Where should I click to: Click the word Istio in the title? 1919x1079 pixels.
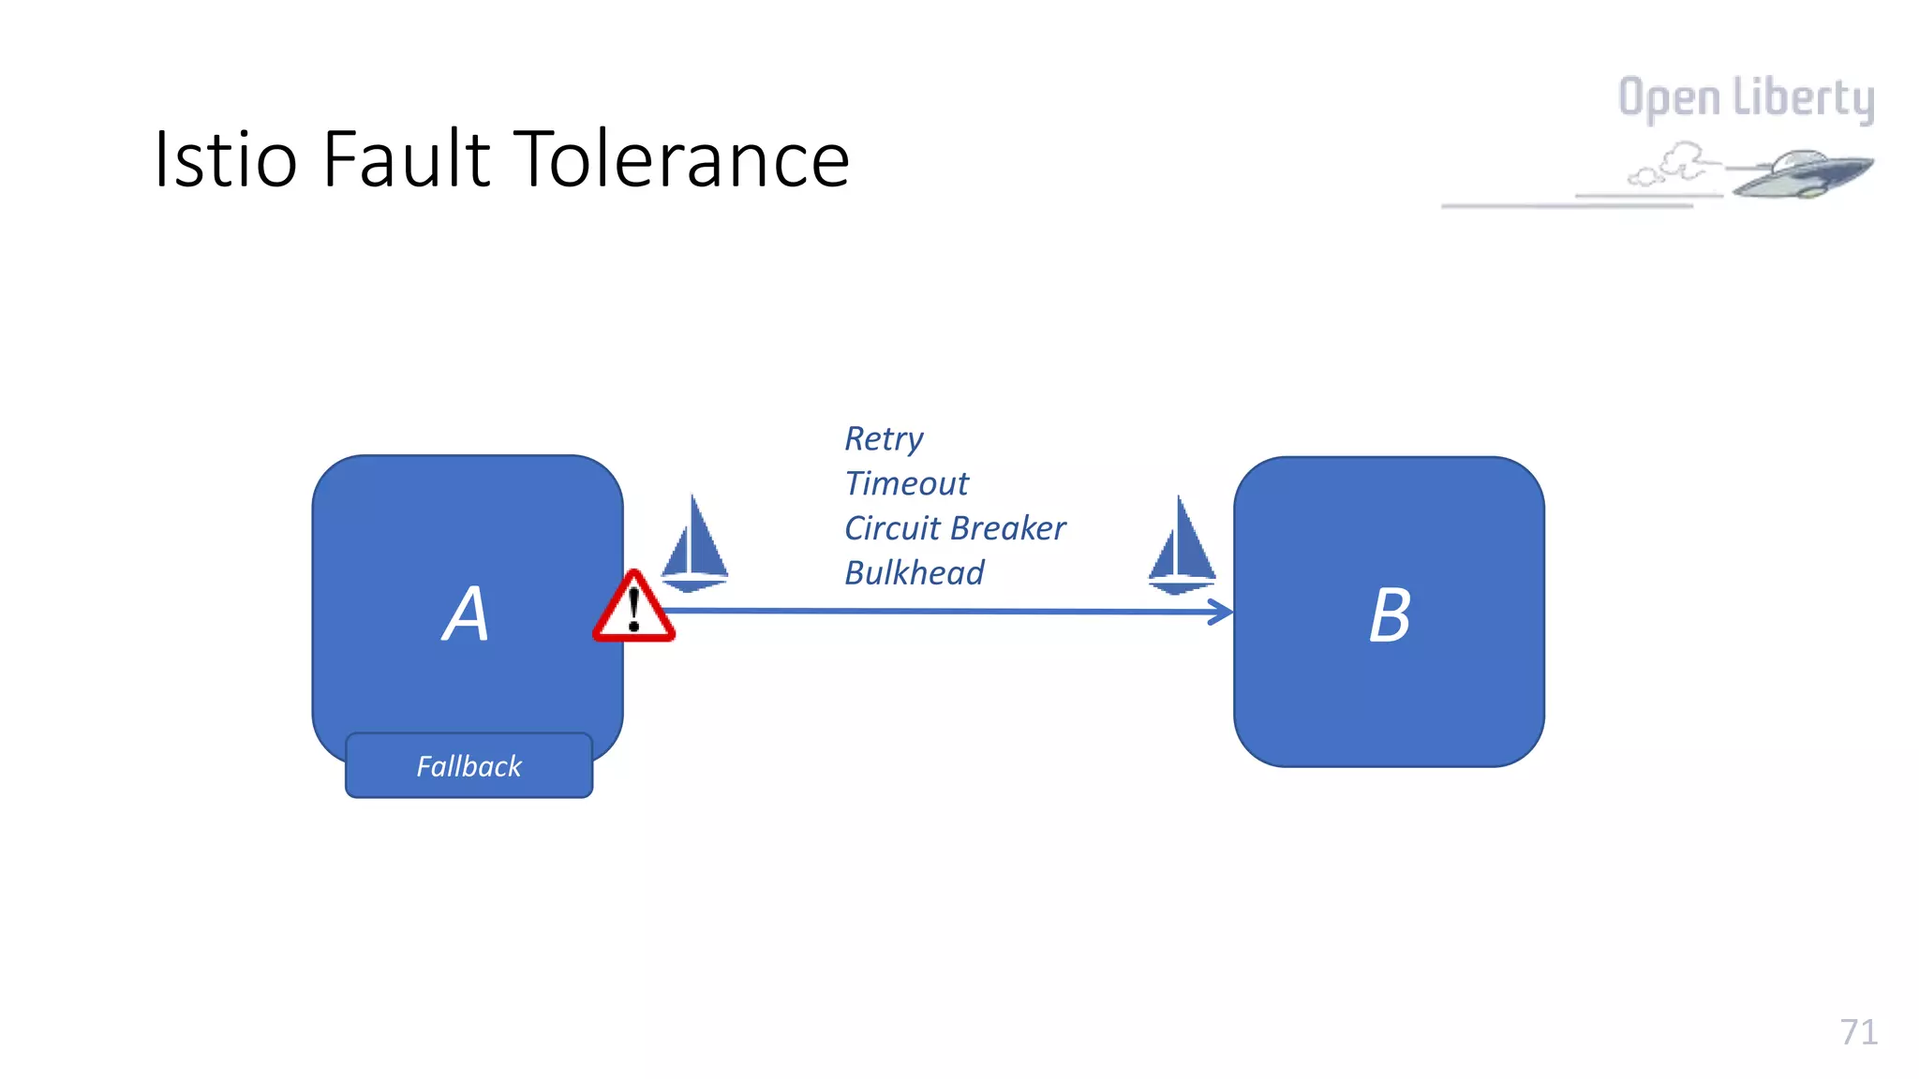pos(226,159)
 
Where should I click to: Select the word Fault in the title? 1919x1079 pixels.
pos(407,159)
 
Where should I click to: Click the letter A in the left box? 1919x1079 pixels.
pos(466,614)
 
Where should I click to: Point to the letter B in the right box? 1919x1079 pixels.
pos(1390,615)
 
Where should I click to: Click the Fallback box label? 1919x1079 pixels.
pos(469,766)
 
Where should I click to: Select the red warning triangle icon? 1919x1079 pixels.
pos(633,610)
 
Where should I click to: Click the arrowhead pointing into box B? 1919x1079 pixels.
pos(1222,613)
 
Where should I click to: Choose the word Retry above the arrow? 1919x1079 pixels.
pos(883,439)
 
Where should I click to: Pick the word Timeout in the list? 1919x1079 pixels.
pos(906,483)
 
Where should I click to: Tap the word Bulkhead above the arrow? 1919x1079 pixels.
pos(915,573)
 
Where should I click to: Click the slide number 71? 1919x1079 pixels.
pos(1858,1032)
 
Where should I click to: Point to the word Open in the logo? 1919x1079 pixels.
pos(1669,98)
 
